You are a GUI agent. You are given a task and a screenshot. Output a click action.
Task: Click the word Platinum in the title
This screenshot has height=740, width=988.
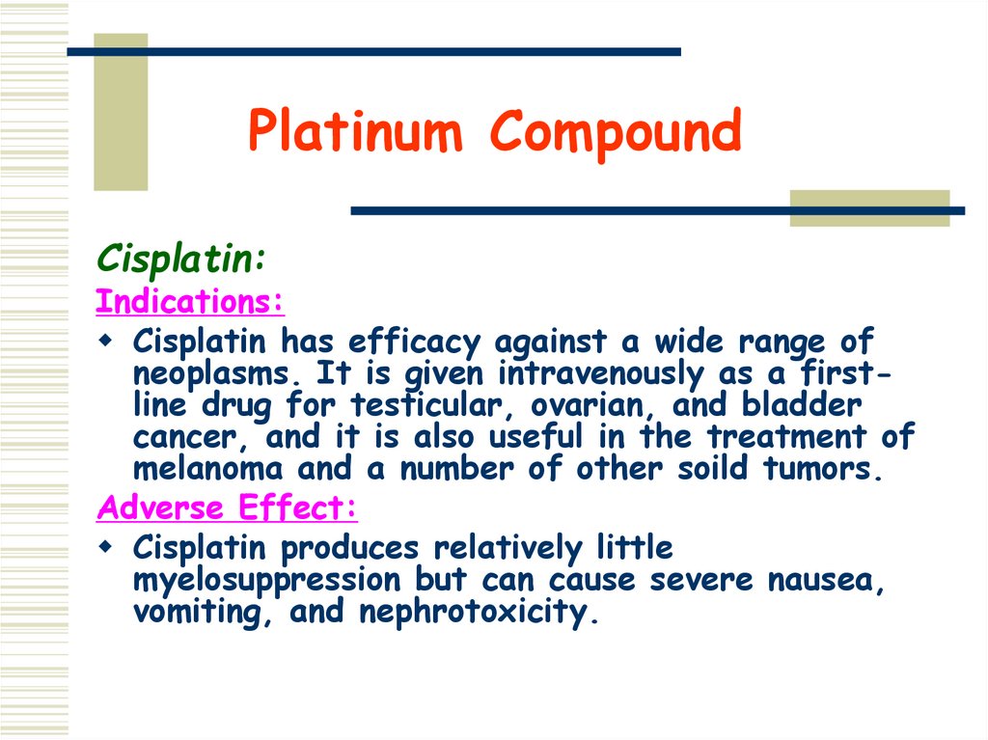[355, 132]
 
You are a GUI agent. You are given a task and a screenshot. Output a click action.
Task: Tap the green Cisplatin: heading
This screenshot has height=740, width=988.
[180, 259]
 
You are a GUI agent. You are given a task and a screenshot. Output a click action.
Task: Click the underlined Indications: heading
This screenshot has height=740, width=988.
[190, 301]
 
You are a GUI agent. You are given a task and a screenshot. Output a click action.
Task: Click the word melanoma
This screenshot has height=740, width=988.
[208, 469]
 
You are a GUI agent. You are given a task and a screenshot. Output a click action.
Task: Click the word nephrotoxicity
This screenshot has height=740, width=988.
[473, 614]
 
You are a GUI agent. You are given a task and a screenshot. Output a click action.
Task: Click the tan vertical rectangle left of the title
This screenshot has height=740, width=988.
[121, 111]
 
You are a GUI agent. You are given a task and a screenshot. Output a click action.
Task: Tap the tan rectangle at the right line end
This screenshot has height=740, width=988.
[869, 208]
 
